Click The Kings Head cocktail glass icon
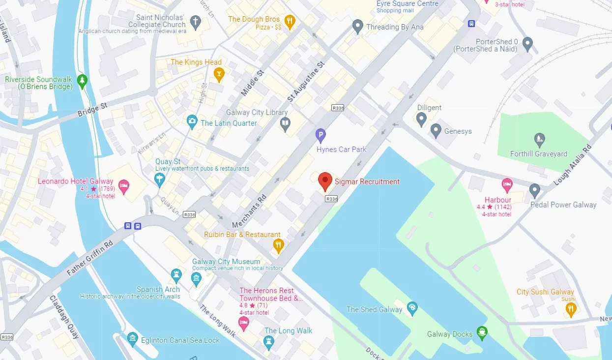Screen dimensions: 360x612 [219, 74]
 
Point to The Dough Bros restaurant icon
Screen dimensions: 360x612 [290, 21]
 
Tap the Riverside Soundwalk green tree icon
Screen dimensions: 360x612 [83, 79]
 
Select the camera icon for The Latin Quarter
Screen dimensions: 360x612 [192, 121]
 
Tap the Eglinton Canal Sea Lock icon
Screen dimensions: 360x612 [132, 338]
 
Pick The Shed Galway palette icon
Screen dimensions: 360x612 [412, 308]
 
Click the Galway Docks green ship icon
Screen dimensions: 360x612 [483, 332]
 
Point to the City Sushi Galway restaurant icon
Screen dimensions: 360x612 [570, 309]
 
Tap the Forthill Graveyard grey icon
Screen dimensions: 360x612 [540, 139]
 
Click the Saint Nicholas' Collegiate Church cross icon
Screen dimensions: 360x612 [196, 22]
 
